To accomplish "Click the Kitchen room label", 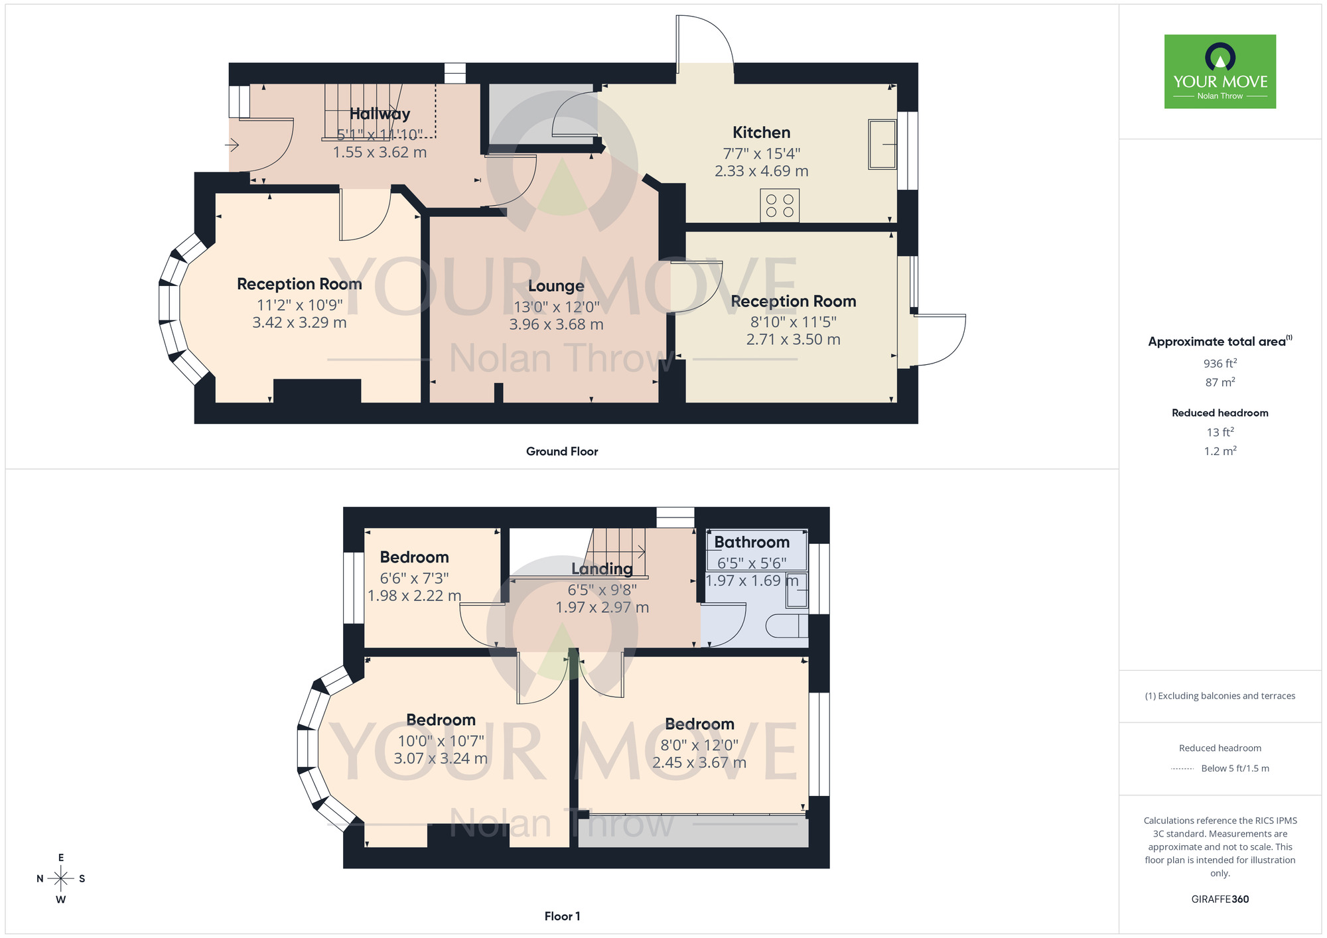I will pyautogui.click(x=761, y=133).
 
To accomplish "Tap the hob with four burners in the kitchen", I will pyautogui.click(x=780, y=206).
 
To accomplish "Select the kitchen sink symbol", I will pyautogui.click(x=882, y=144).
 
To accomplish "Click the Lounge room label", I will pyautogui.click(x=556, y=286).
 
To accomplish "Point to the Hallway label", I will pyautogui.click(x=380, y=114).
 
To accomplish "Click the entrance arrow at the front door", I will pyautogui.click(x=232, y=144).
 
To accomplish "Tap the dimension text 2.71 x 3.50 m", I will pyautogui.click(x=793, y=340).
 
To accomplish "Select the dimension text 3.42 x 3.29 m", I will pyautogui.click(x=299, y=322).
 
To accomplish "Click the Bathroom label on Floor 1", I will pyautogui.click(x=751, y=542).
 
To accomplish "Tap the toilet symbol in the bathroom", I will pyautogui.click(x=787, y=626).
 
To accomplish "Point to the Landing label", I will pyautogui.click(x=602, y=569).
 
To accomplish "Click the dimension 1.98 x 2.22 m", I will pyautogui.click(x=414, y=596).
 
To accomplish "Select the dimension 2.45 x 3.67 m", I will pyautogui.click(x=699, y=763).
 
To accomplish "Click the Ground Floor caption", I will pyautogui.click(x=561, y=451).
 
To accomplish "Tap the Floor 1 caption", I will pyautogui.click(x=561, y=916).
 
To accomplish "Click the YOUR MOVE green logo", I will pyautogui.click(x=1220, y=72).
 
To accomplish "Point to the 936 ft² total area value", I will pyautogui.click(x=1220, y=364).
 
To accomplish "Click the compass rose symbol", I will pyautogui.click(x=61, y=879).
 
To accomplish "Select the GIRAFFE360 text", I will pyautogui.click(x=1220, y=900).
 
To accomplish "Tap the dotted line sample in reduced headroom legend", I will pyautogui.click(x=1182, y=769).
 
